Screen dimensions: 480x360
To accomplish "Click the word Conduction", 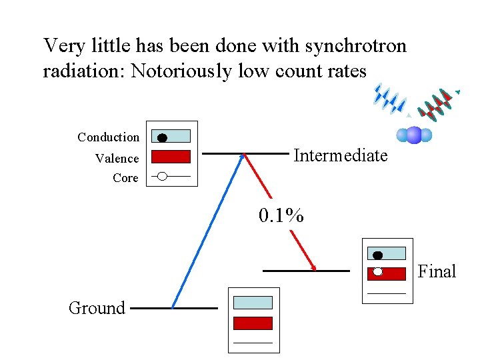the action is click(108, 137).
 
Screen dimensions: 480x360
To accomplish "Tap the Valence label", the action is click(117, 159).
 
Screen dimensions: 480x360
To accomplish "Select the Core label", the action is click(125, 178).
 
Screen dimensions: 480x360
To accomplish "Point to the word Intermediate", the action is click(340, 156).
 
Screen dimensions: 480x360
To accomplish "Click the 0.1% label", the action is click(281, 216).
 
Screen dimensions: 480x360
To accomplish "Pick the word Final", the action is click(437, 271).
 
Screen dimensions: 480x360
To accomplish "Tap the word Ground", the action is click(97, 308).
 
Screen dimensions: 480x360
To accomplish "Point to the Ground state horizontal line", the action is click(174, 309).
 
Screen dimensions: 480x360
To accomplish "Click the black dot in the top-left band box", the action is click(161, 138).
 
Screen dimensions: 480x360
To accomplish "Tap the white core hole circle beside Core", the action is click(161, 177).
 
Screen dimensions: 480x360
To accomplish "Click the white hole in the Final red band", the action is click(377, 272).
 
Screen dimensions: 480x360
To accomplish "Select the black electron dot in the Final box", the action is click(377, 255).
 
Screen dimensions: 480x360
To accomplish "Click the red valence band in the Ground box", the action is click(253, 323).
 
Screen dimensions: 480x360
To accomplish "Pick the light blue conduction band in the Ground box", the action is click(253, 303).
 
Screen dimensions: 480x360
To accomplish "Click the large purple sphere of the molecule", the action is click(414, 135).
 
